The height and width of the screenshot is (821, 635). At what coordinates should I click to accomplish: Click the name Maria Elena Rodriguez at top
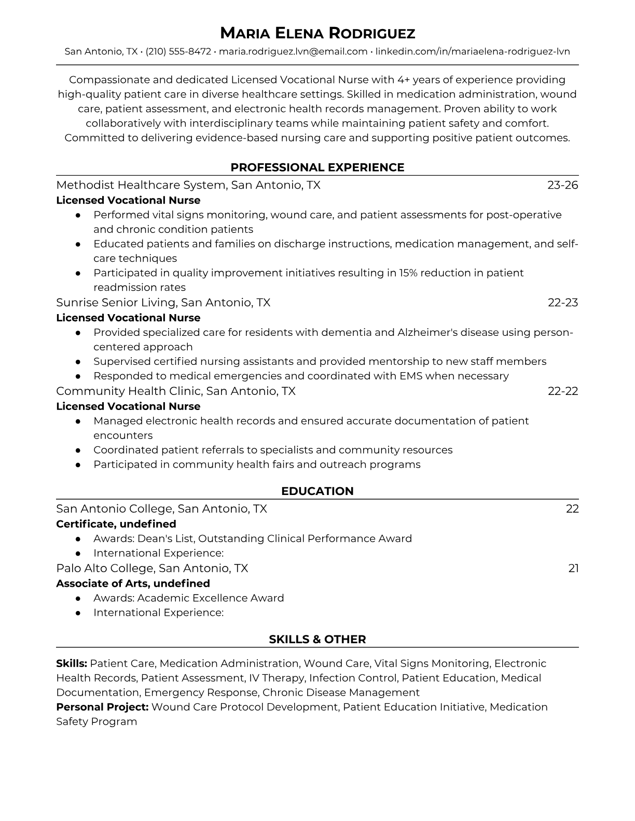[x=317, y=34]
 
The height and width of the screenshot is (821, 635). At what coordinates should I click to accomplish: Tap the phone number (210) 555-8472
[x=178, y=51]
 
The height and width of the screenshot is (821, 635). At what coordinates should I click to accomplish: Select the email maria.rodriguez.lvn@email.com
[x=293, y=51]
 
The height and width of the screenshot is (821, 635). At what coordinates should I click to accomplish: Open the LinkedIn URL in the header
[x=473, y=51]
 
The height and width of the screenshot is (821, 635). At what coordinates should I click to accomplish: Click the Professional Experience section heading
[x=317, y=167]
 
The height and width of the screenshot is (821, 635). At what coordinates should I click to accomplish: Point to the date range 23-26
[x=563, y=185]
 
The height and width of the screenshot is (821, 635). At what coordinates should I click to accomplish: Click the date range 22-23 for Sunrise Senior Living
[x=563, y=303]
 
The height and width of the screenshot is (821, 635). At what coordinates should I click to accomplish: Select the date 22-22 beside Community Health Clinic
[x=563, y=391]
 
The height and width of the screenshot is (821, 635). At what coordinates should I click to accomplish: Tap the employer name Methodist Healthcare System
[x=141, y=185]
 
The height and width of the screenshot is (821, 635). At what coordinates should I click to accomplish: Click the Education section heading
[x=317, y=491]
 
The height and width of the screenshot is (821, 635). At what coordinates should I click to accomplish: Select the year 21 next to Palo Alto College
[x=573, y=569]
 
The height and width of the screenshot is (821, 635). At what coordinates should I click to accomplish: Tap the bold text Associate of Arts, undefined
[x=133, y=584]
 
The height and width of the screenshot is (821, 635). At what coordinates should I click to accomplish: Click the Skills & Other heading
[x=317, y=640]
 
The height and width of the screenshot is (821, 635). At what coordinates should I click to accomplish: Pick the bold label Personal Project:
[x=102, y=707]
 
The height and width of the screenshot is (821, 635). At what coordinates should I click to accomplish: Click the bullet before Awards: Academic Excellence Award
[x=78, y=598]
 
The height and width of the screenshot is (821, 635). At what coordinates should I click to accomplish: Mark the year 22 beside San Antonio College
[x=572, y=509]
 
